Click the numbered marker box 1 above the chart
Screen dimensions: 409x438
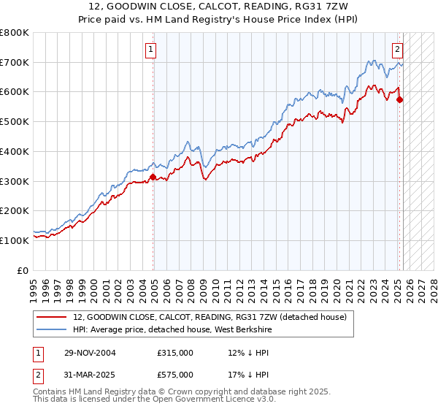tap(151, 50)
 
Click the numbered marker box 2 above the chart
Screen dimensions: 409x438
tap(397, 50)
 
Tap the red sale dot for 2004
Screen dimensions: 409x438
tap(153, 176)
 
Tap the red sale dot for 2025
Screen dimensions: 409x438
tap(399, 99)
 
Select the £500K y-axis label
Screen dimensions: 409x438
tap(15, 122)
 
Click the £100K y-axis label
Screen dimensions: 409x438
tap(15, 240)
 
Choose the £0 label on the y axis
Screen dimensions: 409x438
tap(23, 270)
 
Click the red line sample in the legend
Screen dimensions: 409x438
tap(53, 317)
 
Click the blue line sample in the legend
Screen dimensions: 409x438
tap(53, 329)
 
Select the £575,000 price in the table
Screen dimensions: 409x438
tap(174, 374)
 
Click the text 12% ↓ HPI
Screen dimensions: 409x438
tap(249, 352)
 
